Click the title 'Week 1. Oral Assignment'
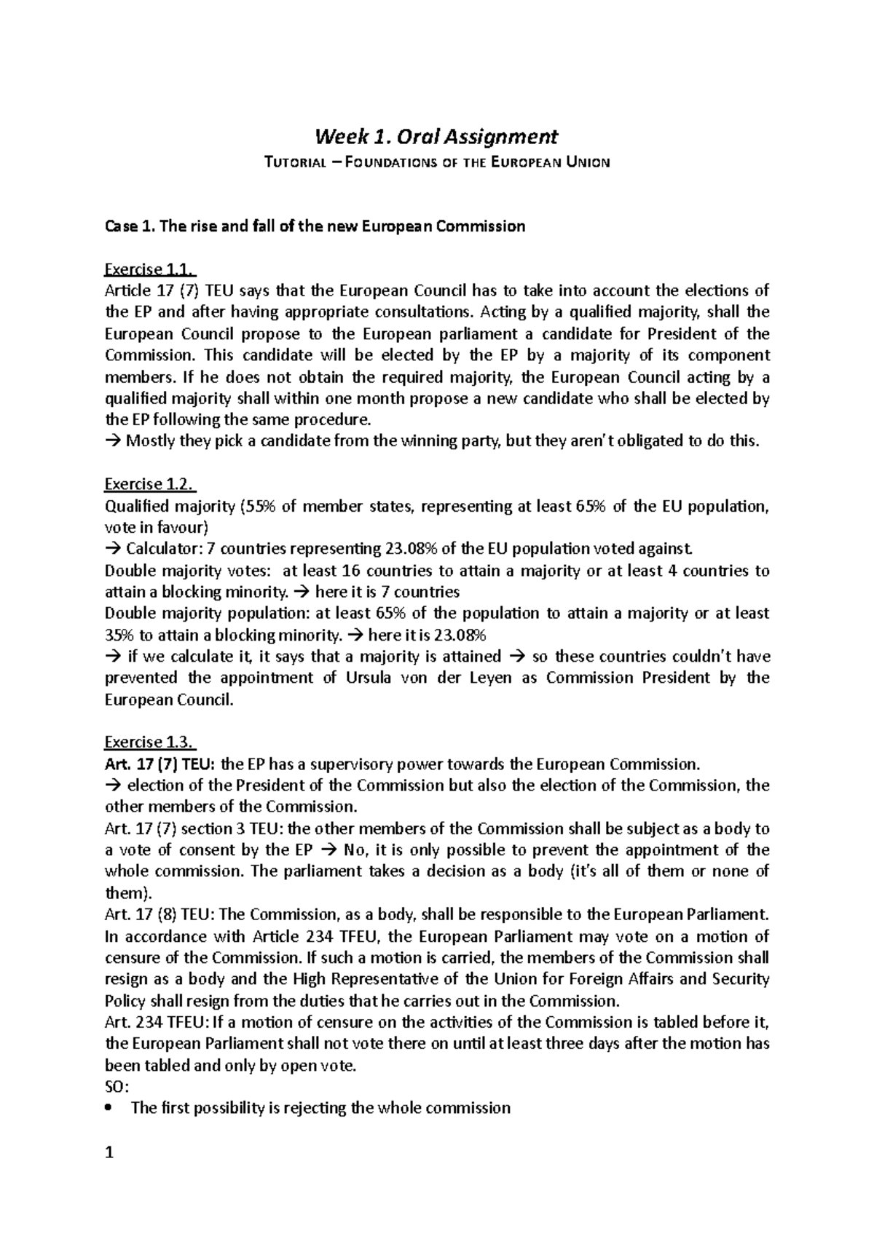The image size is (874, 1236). (x=436, y=136)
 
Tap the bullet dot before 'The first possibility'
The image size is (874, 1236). (x=110, y=1109)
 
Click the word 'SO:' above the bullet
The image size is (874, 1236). (x=117, y=1087)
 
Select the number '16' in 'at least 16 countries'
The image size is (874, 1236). (x=362, y=571)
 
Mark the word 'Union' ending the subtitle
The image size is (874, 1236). (x=588, y=162)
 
